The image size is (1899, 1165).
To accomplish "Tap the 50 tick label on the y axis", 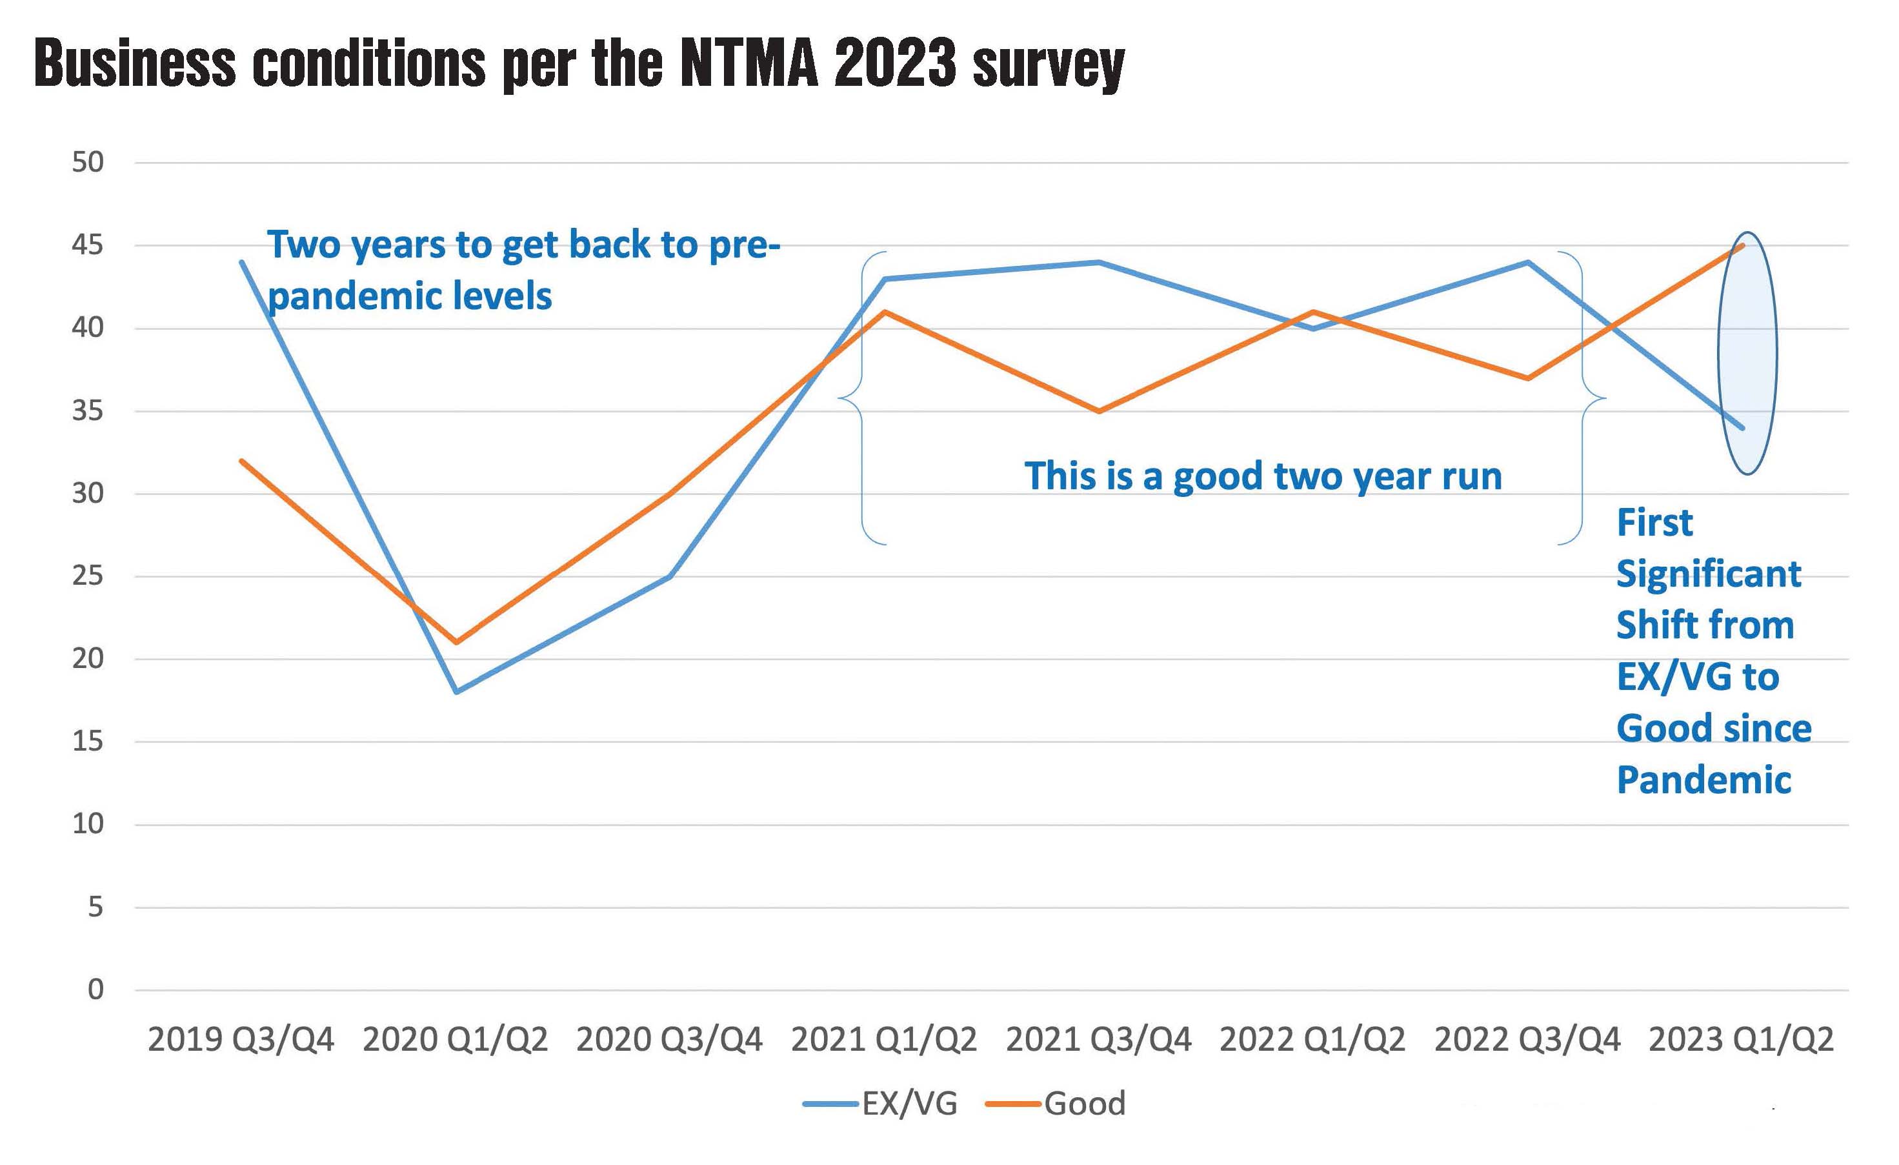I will pyautogui.click(x=88, y=163).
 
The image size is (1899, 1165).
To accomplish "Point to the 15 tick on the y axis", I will pyautogui.click(x=88, y=742).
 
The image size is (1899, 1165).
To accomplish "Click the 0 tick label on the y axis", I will pyautogui.click(x=95, y=989).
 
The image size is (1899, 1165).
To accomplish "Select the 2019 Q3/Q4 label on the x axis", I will pyautogui.click(x=241, y=1040).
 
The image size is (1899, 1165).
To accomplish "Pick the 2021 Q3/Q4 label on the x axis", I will pyautogui.click(x=1098, y=1040).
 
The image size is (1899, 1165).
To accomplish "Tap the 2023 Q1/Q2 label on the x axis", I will pyautogui.click(x=1741, y=1040).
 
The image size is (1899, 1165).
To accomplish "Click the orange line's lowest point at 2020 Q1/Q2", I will pyautogui.click(x=456, y=642).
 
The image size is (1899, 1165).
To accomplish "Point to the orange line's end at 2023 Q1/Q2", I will pyautogui.click(x=1743, y=245).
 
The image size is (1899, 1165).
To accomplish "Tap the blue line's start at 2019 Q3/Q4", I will pyautogui.click(x=242, y=262).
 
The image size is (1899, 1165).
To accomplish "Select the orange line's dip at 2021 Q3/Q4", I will pyautogui.click(x=1098, y=411).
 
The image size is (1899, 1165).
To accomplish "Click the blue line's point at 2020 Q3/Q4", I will pyautogui.click(x=670, y=576).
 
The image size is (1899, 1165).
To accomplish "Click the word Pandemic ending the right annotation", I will pyautogui.click(x=1703, y=780).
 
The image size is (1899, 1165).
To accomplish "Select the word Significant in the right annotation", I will pyautogui.click(x=1709, y=574).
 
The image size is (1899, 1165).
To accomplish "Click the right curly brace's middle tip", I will pyautogui.click(x=1605, y=399).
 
